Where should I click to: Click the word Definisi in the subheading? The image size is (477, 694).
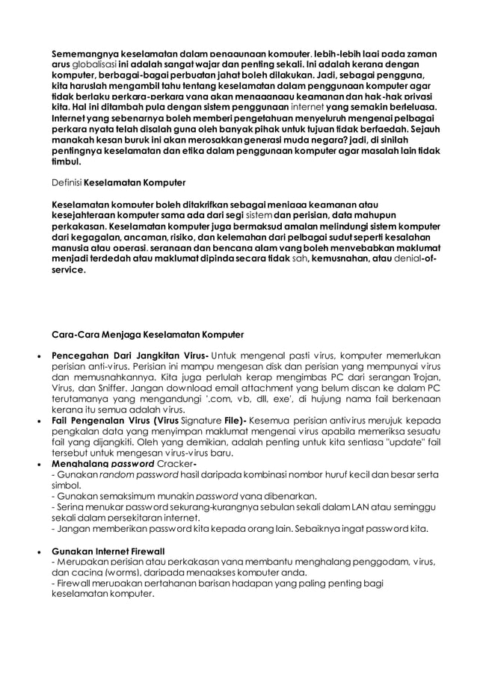(66, 182)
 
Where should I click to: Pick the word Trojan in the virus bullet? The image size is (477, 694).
(425, 378)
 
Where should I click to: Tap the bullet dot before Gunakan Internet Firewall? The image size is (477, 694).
(38, 551)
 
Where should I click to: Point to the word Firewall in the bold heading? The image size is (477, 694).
(144, 551)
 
